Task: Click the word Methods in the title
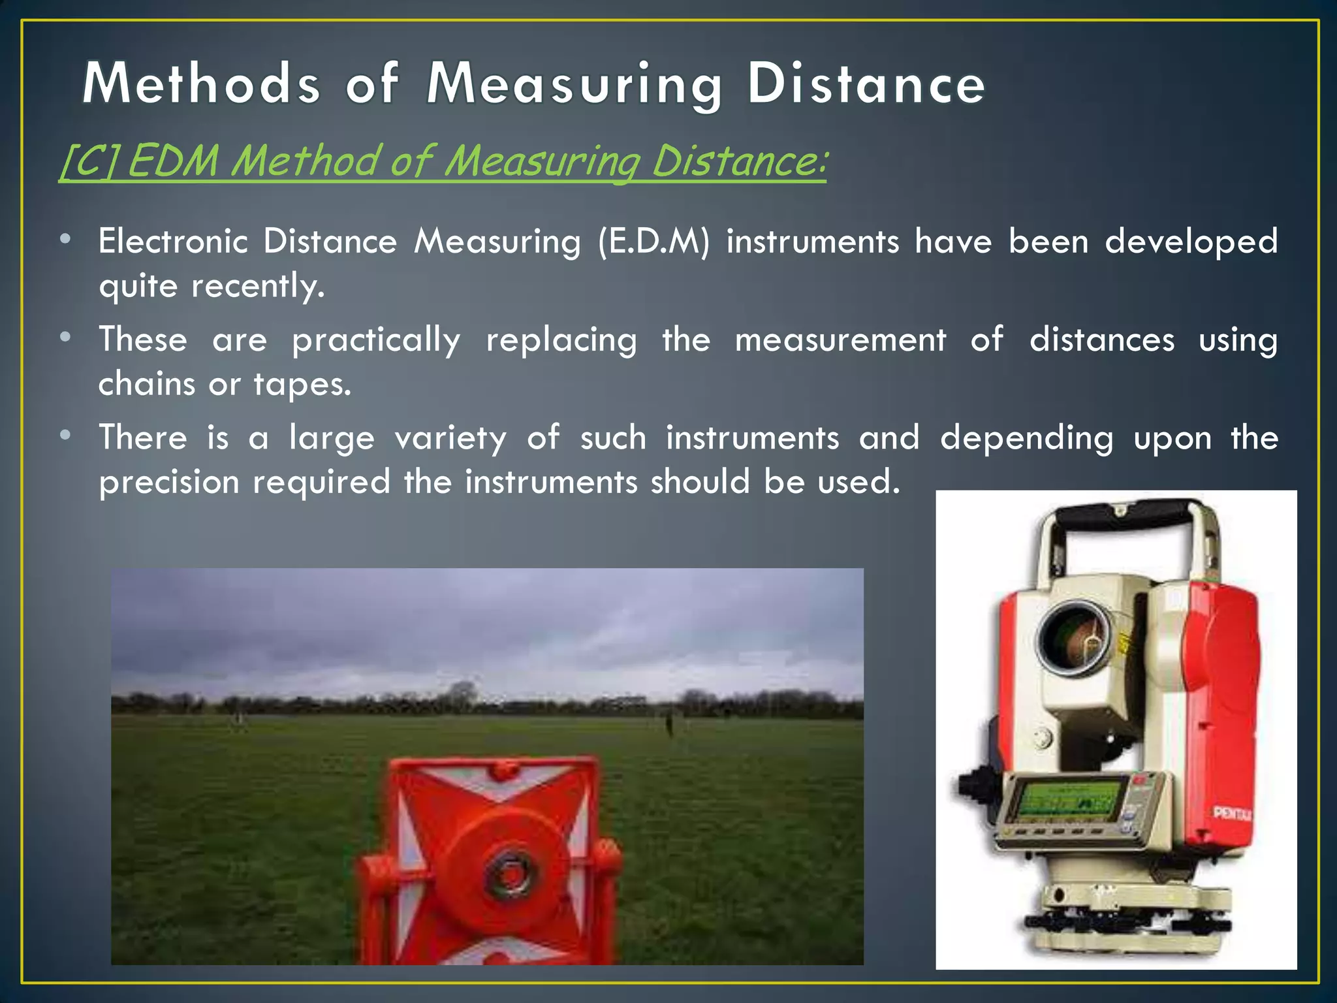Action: (201, 84)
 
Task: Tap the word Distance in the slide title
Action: (866, 84)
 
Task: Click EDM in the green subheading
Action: (172, 161)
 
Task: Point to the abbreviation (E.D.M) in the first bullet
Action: (653, 242)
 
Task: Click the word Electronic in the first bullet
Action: (173, 242)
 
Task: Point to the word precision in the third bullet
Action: (169, 483)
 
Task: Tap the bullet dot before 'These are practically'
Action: (65, 338)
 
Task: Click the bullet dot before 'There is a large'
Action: (65, 436)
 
